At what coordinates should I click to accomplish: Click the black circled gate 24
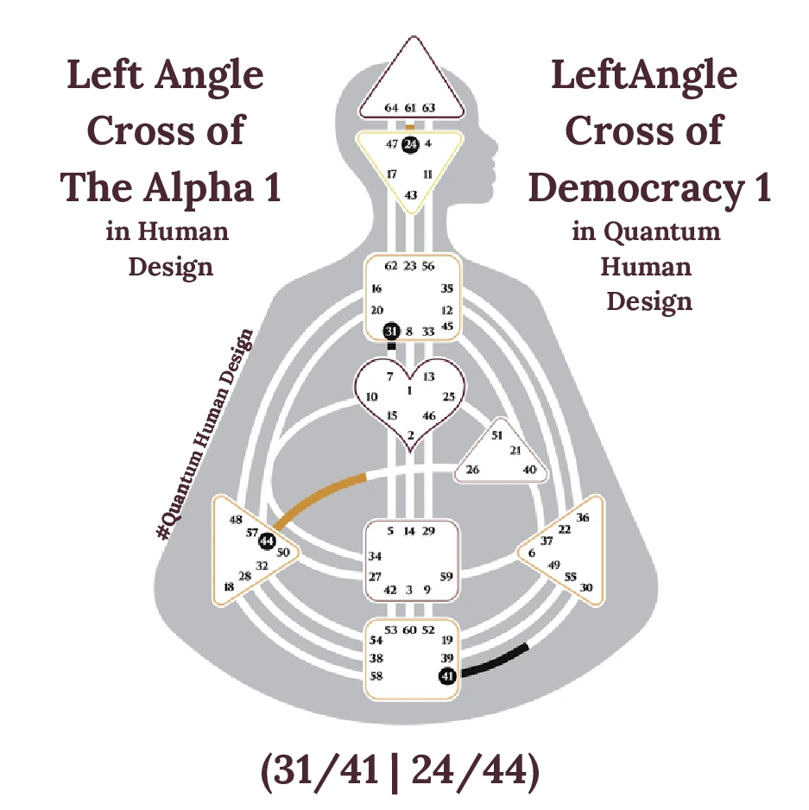coord(410,144)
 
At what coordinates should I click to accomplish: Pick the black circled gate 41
coord(447,675)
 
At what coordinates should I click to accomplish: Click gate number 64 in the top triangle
coord(391,108)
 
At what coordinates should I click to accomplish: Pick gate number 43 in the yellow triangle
coord(411,195)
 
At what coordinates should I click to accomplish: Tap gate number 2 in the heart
coord(411,433)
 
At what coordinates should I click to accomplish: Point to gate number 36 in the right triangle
coord(583,518)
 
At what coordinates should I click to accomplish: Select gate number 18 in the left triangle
coord(229,587)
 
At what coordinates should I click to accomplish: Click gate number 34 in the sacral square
coord(376,557)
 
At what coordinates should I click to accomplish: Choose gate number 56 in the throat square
coord(428,266)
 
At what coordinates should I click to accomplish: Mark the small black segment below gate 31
coord(391,346)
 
